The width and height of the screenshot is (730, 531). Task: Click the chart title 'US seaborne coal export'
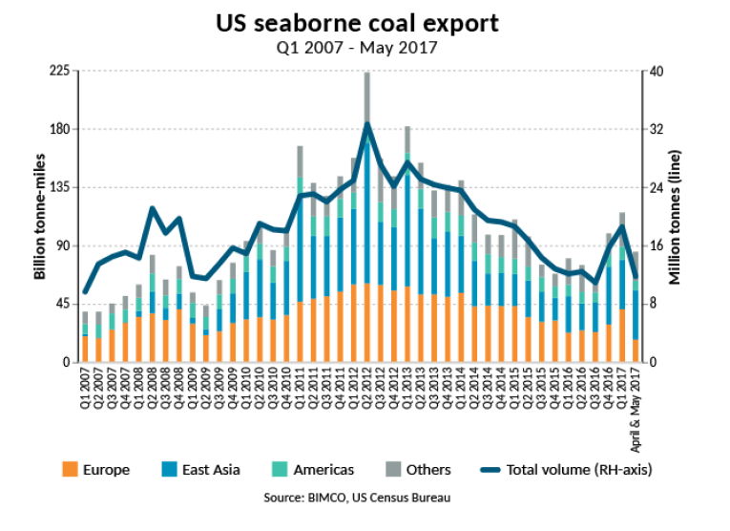pyautogui.click(x=366, y=21)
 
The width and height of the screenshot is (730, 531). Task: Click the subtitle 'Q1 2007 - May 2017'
pyautogui.click(x=366, y=45)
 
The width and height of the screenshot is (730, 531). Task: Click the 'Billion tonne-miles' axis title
pyautogui.click(x=39, y=217)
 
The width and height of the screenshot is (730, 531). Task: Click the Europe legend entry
pyautogui.click(x=95, y=469)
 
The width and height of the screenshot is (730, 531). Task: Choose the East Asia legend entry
pyautogui.click(x=201, y=469)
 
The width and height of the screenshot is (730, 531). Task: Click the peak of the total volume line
pyautogui.click(x=366, y=123)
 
